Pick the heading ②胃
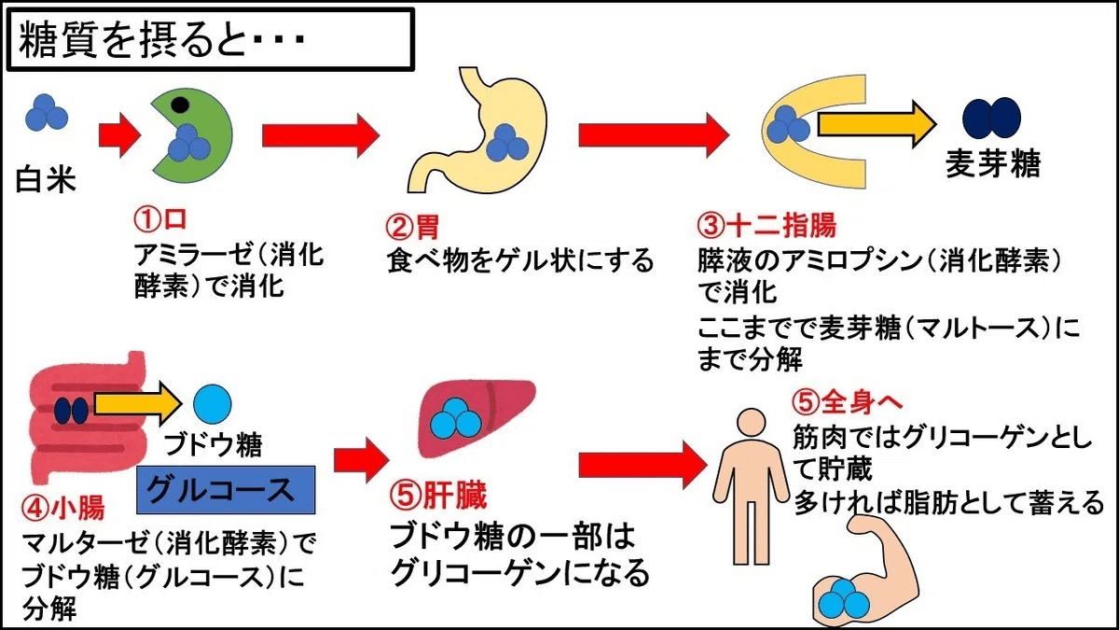411,227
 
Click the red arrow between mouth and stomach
320,134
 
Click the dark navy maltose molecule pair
991,119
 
